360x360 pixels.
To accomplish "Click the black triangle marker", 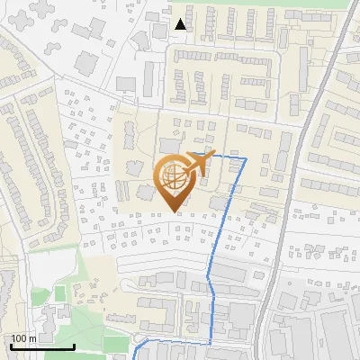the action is point(181,24).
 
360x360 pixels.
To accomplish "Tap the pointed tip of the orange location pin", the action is point(176,212).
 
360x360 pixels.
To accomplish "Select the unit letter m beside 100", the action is point(31,338).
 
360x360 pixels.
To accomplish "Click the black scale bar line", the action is point(42,346).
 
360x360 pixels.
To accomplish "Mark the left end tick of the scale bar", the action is point(11,345).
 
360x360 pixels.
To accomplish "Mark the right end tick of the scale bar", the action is point(74,345).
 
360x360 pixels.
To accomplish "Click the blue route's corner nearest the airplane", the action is point(245,157).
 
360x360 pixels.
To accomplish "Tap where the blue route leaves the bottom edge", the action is point(134,357).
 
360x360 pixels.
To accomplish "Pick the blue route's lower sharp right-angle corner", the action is point(212,341).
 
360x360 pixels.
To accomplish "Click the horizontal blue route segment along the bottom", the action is point(175,341).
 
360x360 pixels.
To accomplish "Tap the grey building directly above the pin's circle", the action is point(170,145).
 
